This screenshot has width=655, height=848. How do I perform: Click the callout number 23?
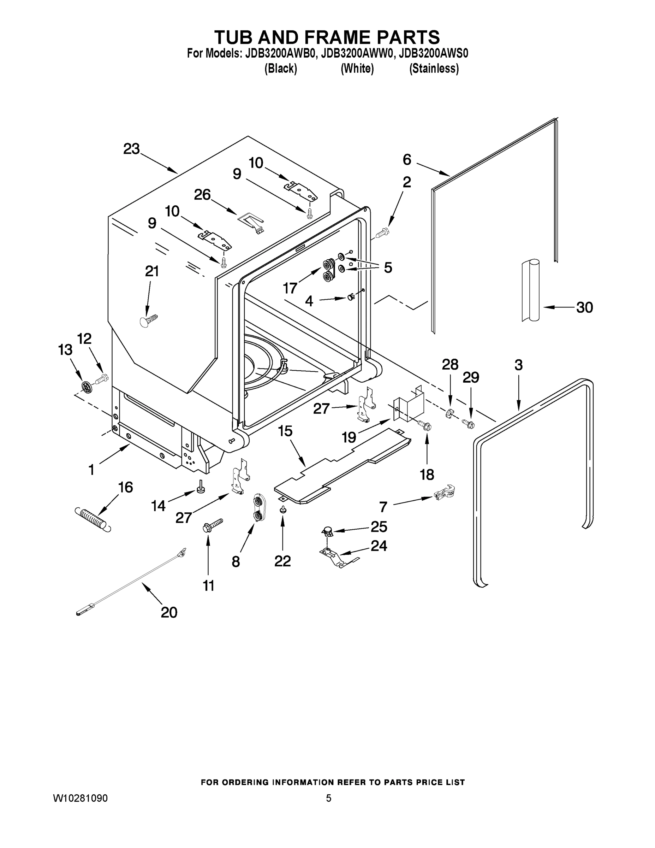tap(131, 149)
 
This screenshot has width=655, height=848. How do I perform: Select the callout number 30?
tap(584, 307)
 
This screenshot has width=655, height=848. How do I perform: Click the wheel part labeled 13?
tap(87, 387)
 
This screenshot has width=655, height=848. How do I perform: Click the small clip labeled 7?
tap(444, 494)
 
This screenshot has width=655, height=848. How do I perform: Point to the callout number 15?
tap(285, 431)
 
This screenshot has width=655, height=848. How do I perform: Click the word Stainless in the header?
tap(434, 69)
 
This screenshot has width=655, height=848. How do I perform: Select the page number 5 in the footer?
tap(328, 798)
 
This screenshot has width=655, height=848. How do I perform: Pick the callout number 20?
tap(169, 612)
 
